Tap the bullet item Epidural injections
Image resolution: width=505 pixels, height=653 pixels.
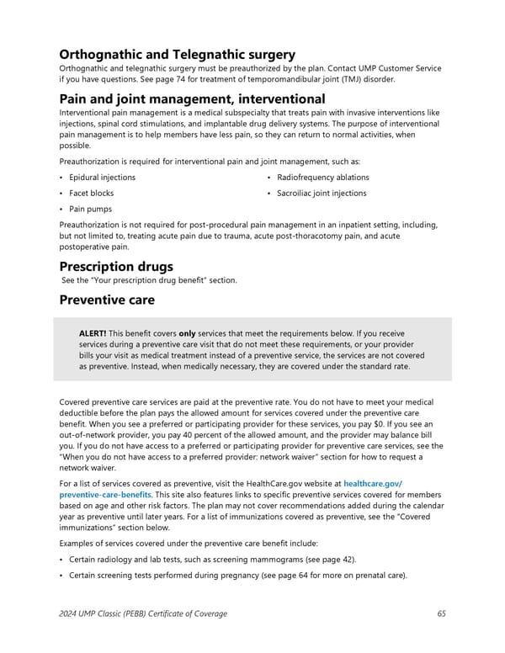click(102, 178)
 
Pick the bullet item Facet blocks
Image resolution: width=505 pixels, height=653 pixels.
click(91, 193)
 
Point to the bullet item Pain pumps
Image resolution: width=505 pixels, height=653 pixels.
click(90, 209)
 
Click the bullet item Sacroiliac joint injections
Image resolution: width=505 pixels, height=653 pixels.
click(322, 193)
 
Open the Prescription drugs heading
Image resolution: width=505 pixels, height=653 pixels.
click(116, 267)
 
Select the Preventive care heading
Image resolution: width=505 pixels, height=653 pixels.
click(108, 299)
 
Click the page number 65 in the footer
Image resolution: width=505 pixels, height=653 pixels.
click(441, 613)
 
